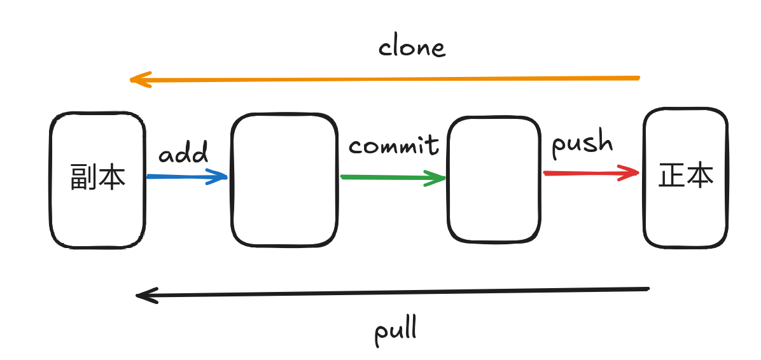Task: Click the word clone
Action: [x=412, y=48]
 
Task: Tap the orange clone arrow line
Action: [x=385, y=79]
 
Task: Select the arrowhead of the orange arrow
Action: [x=141, y=80]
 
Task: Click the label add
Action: [x=183, y=153]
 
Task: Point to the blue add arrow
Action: [x=187, y=177]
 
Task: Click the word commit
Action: [x=394, y=144]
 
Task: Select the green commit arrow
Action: [x=393, y=178]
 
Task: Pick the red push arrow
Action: [x=591, y=173]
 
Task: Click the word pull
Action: [x=396, y=332]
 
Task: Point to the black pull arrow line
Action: [x=392, y=293]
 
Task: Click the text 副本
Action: [x=98, y=177]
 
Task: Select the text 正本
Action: [x=686, y=175]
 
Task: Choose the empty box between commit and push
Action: [x=494, y=179]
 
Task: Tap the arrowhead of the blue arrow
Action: [x=217, y=177]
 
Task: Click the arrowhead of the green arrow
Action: [x=435, y=179]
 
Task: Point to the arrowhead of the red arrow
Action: [x=629, y=173]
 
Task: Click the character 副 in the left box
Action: [x=84, y=177]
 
